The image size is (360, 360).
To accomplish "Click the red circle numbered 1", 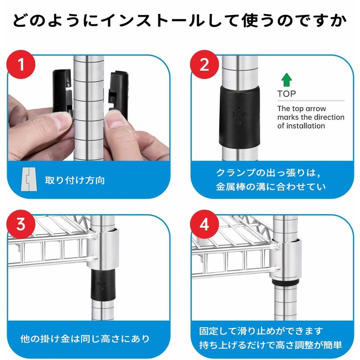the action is point(21,64).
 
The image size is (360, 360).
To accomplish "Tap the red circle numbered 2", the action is point(205,64).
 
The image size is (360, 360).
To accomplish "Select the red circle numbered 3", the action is point(21,224).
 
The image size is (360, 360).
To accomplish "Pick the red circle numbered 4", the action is point(205,224).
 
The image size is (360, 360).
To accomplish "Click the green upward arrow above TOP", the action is point(287,80).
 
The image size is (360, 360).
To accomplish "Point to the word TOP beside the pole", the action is point(287,94).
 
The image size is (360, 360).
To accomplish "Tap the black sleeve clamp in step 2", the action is point(239,117).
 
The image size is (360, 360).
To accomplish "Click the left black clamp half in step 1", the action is point(63,92).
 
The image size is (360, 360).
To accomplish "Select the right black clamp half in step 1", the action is point(118,94).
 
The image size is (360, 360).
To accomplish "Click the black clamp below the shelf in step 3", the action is point(103,285).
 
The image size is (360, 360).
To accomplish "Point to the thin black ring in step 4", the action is point(285,282).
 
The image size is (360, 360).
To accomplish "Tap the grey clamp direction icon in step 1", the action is point(29,179).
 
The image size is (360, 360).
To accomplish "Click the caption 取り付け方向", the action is point(75,180).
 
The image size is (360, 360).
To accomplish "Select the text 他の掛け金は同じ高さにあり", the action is point(85,339).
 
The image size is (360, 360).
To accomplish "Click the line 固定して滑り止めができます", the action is point(261,331).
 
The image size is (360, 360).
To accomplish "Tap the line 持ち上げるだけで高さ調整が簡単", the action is point(270,345).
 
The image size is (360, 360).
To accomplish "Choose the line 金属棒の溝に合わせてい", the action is point(271,187).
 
